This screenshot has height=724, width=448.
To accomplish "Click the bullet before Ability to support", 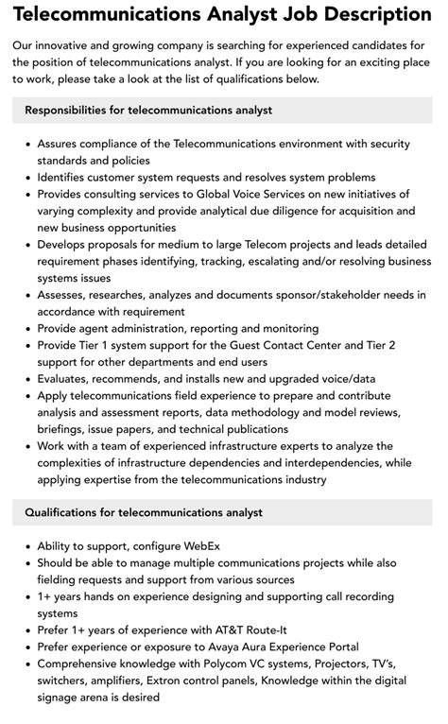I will pos(26,546).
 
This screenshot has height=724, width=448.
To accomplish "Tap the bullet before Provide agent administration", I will pos(26,329).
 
